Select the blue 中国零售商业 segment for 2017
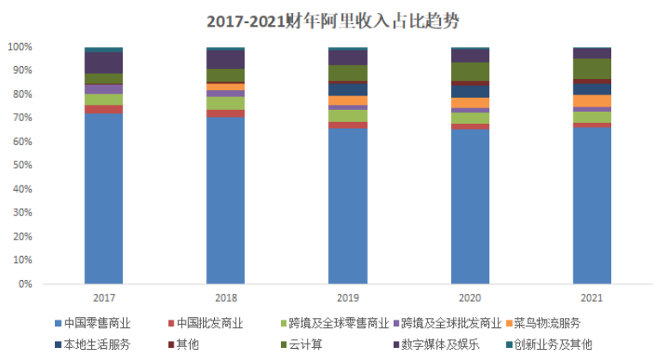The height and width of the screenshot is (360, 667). (103, 198)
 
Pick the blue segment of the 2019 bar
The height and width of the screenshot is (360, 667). (348, 205)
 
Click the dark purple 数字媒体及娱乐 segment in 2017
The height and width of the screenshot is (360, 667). (103, 63)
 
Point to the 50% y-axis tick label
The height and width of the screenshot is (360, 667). (21, 165)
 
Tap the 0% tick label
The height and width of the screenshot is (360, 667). (24, 284)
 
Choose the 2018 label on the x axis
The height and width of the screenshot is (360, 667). (225, 297)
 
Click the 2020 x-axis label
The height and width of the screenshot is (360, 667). (470, 297)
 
